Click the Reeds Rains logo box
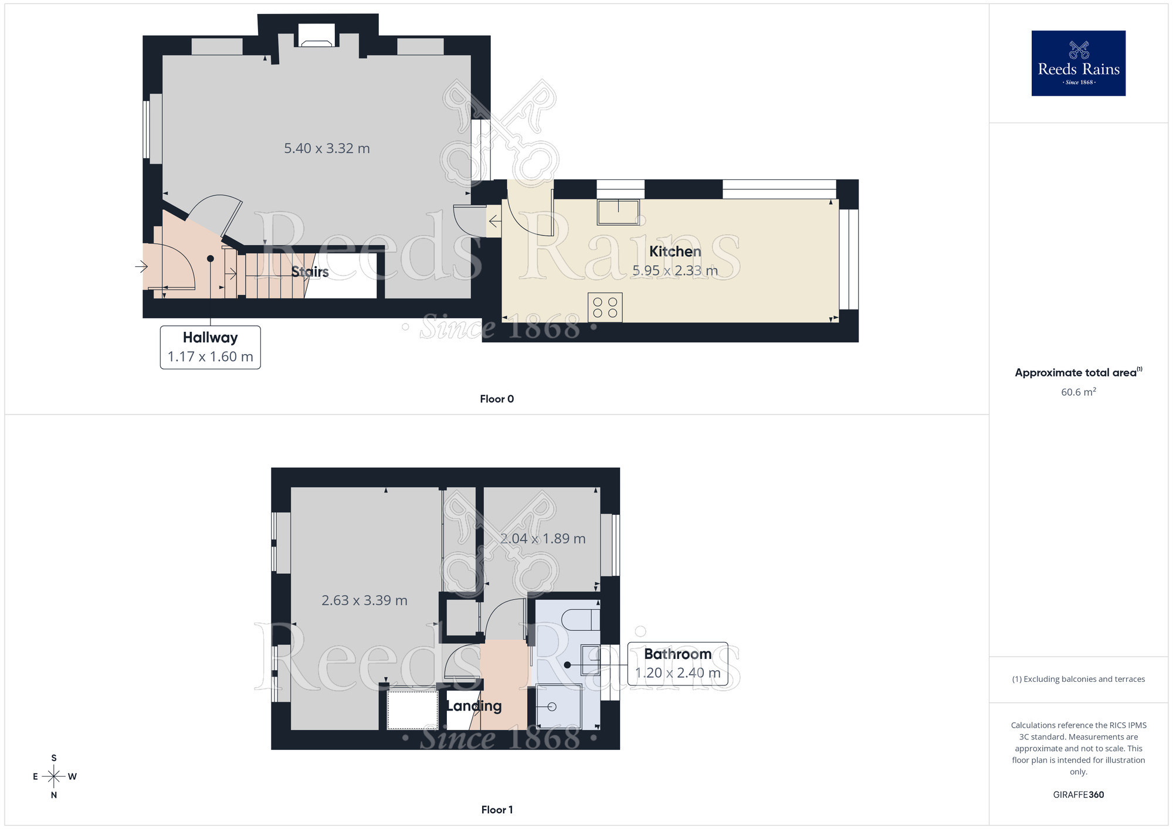1078,63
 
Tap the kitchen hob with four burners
605,307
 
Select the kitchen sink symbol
618,212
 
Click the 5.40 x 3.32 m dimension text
327,148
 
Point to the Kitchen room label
674,252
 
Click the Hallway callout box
210,347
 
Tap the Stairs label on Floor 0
310,271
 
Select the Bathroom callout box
677,663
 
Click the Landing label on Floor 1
474,706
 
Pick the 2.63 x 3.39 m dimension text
364,600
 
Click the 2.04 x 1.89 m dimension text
543,538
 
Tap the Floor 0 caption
496,399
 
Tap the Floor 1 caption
496,810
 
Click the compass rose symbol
54,777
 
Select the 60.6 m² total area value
1078,392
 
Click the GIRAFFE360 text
1078,795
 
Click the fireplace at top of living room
317,36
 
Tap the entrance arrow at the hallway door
141,267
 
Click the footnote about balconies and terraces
1078,679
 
